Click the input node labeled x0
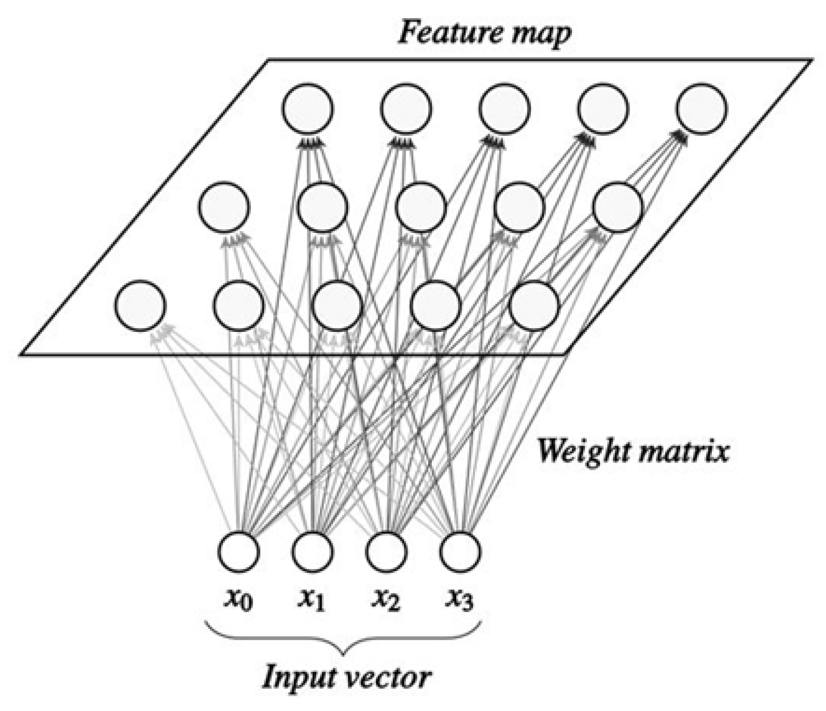point(238,551)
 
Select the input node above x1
point(312,551)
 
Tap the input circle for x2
point(386,551)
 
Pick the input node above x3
point(460,551)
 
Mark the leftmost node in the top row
point(307,109)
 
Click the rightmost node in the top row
point(702,109)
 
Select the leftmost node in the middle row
point(224,206)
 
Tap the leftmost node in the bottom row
point(140,305)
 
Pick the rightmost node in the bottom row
point(534,305)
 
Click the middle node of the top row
point(505,109)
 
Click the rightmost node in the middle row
point(618,206)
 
